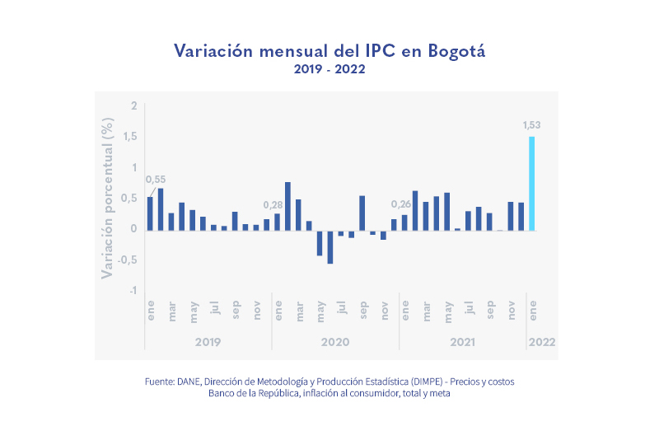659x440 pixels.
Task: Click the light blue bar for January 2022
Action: coord(531,183)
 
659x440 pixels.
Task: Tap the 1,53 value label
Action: coord(531,125)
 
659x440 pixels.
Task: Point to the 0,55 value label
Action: coord(156,180)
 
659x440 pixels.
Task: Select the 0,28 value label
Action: coord(273,204)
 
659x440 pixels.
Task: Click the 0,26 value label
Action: coord(401,204)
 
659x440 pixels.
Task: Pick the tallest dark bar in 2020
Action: coord(287,205)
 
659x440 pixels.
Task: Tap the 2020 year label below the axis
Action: coord(335,341)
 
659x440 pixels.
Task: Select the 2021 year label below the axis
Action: coord(463,341)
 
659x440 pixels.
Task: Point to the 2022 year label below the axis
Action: coord(542,341)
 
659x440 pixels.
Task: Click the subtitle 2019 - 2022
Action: coord(329,70)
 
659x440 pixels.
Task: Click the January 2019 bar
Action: coord(150,213)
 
